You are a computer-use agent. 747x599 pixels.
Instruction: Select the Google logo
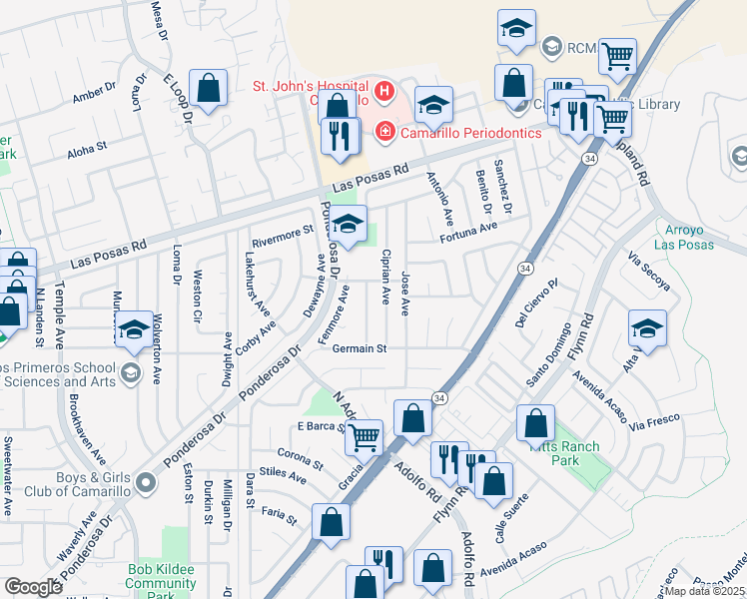click(x=33, y=586)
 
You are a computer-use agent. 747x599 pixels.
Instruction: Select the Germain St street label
click(x=360, y=348)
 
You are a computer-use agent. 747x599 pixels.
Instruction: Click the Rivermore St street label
click(x=283, y=236)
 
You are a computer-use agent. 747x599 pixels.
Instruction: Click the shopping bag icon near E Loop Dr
click(x=209, y=88)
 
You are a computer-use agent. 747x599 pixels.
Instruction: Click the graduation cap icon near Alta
click(x=647, y=328)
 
